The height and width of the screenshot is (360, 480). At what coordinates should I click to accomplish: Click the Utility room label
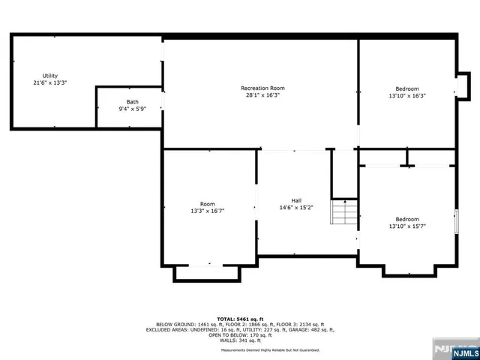click(50, 76)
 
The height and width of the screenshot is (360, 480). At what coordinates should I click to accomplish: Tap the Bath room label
click(132, 102)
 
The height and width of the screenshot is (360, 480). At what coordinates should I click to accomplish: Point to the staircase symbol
click(345, 212)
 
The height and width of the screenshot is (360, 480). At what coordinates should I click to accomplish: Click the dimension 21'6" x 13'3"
click(50, 82)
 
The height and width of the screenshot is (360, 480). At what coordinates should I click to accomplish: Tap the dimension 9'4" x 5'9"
click(132, 109)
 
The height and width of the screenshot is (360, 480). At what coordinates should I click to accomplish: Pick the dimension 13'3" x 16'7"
click(207, 211)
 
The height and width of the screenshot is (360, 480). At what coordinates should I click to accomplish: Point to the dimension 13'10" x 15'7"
click(407, 226)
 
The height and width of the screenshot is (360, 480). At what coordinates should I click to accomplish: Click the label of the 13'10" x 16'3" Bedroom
click(407, 88)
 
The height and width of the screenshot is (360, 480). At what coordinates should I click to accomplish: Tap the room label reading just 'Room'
click(207, 204)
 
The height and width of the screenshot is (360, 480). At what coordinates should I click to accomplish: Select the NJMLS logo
click(458, 349)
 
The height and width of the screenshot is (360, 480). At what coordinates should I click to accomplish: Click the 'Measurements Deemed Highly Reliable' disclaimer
click(270, 350)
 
